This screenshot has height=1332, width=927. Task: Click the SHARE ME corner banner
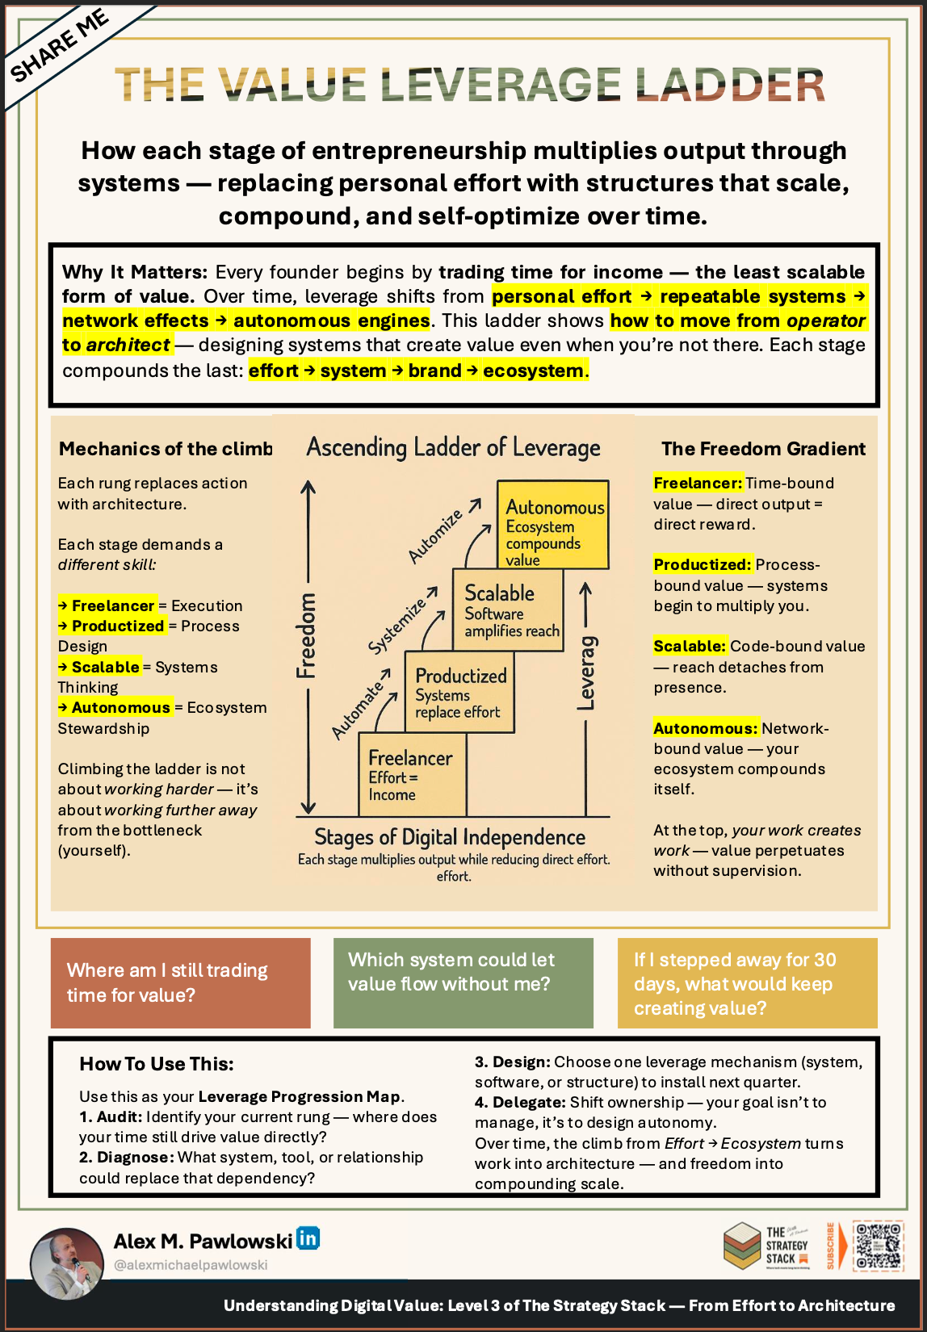click(61, 45)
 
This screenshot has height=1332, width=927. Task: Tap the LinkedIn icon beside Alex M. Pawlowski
click(308, 1238)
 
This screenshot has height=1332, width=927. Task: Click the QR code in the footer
click(878, 1246)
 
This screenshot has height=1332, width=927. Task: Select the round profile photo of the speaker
click(67, 1263)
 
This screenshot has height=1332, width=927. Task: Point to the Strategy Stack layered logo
click(742, 1245)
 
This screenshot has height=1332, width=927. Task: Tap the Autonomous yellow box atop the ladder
click(553, 525)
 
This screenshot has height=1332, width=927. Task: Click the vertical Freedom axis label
click(307, 635)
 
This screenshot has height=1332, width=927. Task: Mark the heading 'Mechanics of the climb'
click(166, 449)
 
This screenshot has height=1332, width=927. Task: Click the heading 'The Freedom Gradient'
click(763, 449)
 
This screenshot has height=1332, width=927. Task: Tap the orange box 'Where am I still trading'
click(180, 982)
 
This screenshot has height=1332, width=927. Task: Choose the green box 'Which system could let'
click(463, 982)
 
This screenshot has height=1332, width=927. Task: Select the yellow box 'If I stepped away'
click(747, 982)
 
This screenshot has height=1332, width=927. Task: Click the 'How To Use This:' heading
click(157, 1064)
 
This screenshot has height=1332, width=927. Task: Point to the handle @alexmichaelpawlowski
click(191, 1265)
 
